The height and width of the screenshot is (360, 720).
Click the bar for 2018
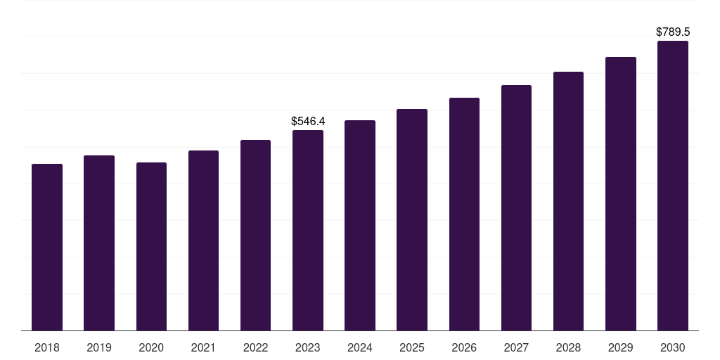pos(47,247)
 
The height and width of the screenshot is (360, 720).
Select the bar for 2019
pos(99,243)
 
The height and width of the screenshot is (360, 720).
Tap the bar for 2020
pos(151,246)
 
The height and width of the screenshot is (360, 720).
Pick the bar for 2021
pos(203,240)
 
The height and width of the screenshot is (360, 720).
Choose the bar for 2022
pos(255,235)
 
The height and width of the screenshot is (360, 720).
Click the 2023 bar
pos(308,230)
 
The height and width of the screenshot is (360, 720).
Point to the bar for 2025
pos(412,219)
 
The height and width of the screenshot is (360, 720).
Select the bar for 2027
pos(516,207)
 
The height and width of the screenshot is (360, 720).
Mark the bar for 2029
pos(621,193)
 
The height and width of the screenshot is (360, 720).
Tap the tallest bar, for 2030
pos(673,186)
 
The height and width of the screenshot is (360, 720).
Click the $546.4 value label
pos(308,122)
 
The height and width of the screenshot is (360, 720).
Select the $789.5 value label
pos(673,32)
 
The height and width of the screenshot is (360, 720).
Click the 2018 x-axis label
pos(47,347)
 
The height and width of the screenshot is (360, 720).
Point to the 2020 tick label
pos(151,347)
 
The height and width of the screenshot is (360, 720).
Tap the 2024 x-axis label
pos(360,347)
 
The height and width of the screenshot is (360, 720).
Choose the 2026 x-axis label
pos(464,347)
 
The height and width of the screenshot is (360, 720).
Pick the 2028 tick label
pos(568,347)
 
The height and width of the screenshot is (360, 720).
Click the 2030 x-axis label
pos(673,347)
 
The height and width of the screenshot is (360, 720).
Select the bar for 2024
pos(360,225)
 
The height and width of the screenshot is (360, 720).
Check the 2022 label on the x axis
pos(255,347)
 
